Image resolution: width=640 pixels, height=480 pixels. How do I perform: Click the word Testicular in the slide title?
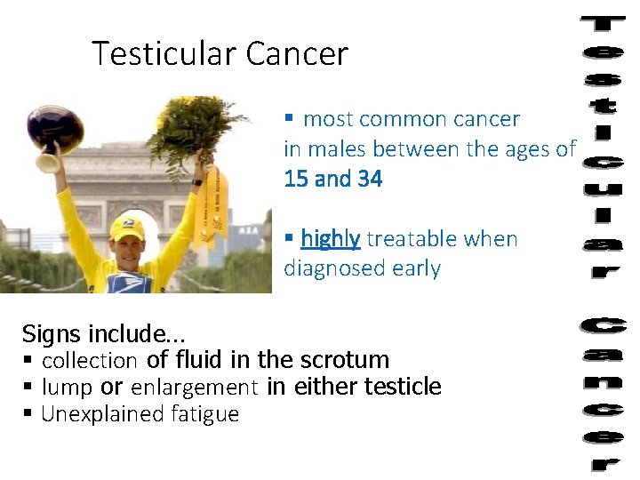click(x=165, y=54)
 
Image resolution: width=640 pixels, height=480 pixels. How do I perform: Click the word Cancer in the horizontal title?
click(x=297, y=54)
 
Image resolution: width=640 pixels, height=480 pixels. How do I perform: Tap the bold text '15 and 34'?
click(x=332, y=179)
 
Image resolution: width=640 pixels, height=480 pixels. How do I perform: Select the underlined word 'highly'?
click(x=330, y=238)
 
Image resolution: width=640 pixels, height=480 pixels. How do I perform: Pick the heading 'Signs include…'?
click(x=103, y=334)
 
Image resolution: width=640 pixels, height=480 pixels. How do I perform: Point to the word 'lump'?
click(x=67, y=387)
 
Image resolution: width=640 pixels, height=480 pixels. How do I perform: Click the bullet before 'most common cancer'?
click(x=289, y=118)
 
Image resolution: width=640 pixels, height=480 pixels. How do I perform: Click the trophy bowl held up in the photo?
click(x=55, y=129)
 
